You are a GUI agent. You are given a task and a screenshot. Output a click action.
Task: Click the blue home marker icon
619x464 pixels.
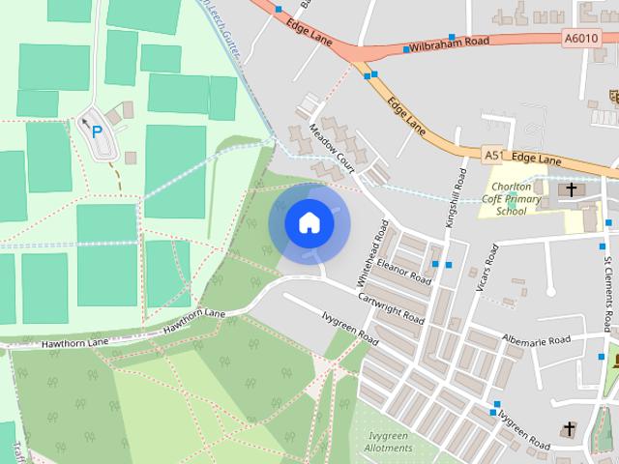coord(309,223)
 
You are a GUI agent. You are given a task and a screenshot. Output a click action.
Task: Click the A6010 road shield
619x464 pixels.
coord(579,39)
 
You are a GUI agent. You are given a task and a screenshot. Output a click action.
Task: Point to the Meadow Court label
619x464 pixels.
coord(334,146)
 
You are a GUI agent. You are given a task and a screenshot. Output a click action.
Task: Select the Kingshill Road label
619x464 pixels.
coord(453,199)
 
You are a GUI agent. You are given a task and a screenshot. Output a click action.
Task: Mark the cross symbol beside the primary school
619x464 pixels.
coord(572,189)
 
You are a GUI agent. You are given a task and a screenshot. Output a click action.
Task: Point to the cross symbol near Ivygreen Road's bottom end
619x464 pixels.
coord(570,427)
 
